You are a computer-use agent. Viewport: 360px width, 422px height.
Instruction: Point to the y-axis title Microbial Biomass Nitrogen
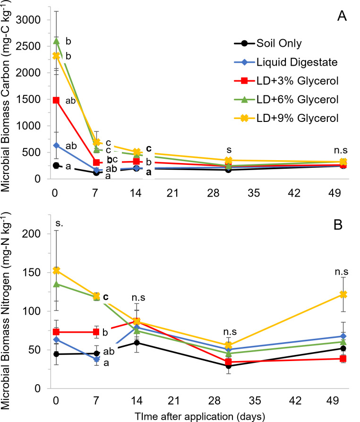[x=9, y=302]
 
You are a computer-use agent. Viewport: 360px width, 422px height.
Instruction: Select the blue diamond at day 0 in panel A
[x=56, y=145]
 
